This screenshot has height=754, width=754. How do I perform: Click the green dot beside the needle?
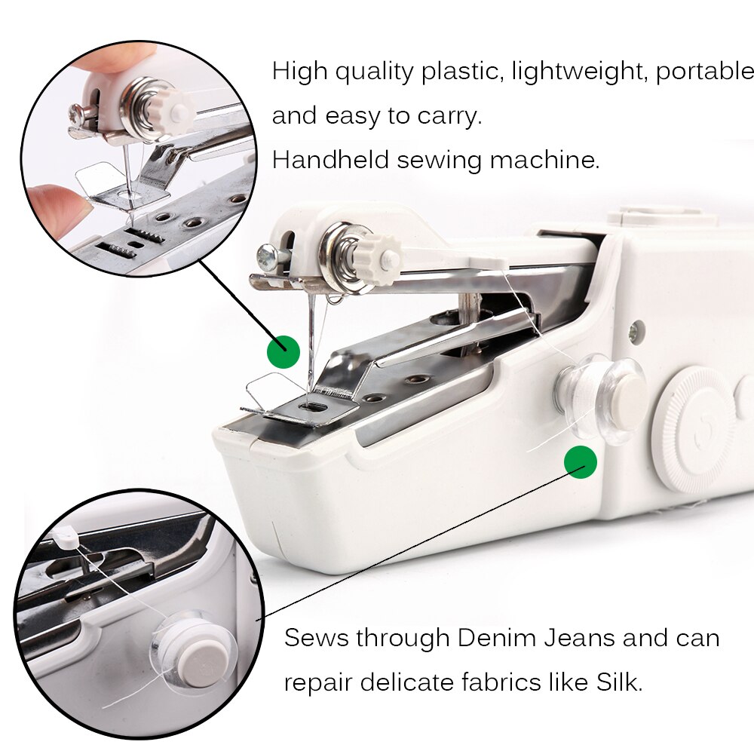[284, 351]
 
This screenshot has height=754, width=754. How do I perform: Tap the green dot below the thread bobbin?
[581, 461]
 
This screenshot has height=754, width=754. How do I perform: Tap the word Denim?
[497, 638]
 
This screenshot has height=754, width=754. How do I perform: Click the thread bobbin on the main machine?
[601, 398]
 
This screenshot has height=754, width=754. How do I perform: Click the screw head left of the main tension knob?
[268, 255]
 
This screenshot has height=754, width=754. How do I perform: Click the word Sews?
[316, 638]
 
